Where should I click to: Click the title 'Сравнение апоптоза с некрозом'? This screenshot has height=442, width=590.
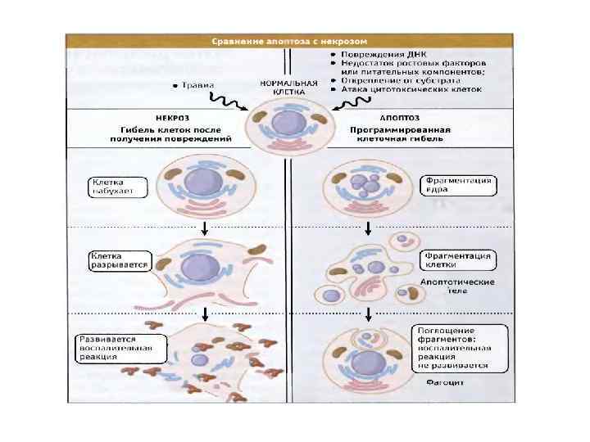click(x=289, y=40)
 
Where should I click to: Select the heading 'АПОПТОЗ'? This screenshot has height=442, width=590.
click(x=369, y=118)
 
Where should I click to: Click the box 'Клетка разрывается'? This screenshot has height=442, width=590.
click(x=120, y=261)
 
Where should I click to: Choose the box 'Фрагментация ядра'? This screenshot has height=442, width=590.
click(x=458, y=185)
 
